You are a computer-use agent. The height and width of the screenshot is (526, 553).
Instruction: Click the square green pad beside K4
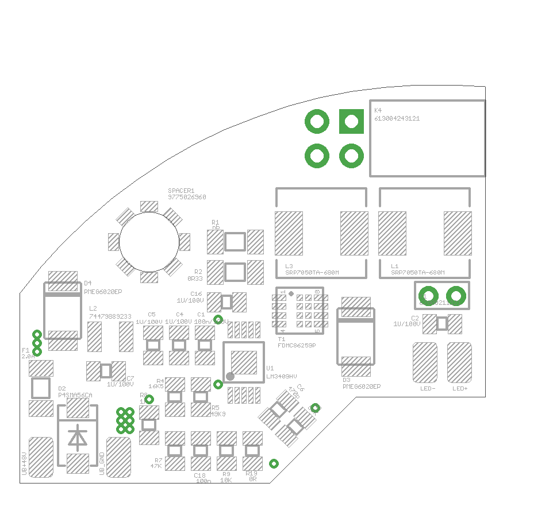(351, 121)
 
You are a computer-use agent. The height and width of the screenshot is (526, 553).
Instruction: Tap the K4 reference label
(378, 110)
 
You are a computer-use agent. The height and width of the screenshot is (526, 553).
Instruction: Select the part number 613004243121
(397, 119)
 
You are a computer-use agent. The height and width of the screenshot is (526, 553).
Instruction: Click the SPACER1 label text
(181, 191)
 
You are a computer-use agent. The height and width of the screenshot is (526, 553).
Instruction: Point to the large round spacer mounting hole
(149, 242)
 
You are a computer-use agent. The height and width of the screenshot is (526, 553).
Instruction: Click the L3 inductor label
(289, 266)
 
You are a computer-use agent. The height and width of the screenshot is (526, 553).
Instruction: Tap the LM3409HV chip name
(282, 377)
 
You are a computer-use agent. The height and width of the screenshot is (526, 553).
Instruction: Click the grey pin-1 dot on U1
(230, 376)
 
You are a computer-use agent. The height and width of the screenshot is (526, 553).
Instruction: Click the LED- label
(428, 389)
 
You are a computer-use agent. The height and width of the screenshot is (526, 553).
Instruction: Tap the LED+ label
(460, 389)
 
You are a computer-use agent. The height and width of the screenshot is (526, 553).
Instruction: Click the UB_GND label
(102, 463)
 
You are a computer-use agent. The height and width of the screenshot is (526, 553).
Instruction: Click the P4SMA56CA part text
(75, 396)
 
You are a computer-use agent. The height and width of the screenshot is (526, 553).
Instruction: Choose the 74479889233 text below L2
(110, 316)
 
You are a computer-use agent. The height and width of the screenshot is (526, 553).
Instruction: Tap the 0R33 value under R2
(195, 279)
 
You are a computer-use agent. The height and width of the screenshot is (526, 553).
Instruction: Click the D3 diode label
(346, 380)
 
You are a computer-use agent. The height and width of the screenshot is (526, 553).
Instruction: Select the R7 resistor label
(159, 461)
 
